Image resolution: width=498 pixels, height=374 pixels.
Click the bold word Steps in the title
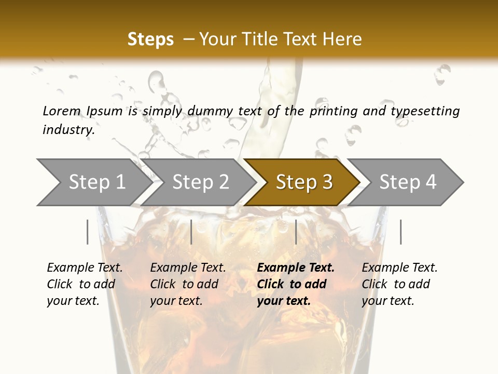coord(150,39)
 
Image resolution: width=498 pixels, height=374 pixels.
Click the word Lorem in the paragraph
coord(62,111)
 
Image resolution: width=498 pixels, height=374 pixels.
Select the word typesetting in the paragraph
coord(425,111)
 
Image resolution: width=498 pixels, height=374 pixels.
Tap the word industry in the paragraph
coord(68,129)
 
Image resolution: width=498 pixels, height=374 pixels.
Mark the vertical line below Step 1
coord(87,232)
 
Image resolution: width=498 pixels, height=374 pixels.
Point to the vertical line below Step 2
coord(191,232)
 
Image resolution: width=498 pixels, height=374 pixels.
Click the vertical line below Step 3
coord(296,232)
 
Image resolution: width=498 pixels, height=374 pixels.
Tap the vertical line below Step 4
coord(400,232)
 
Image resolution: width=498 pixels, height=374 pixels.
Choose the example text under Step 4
coord(399,284)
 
